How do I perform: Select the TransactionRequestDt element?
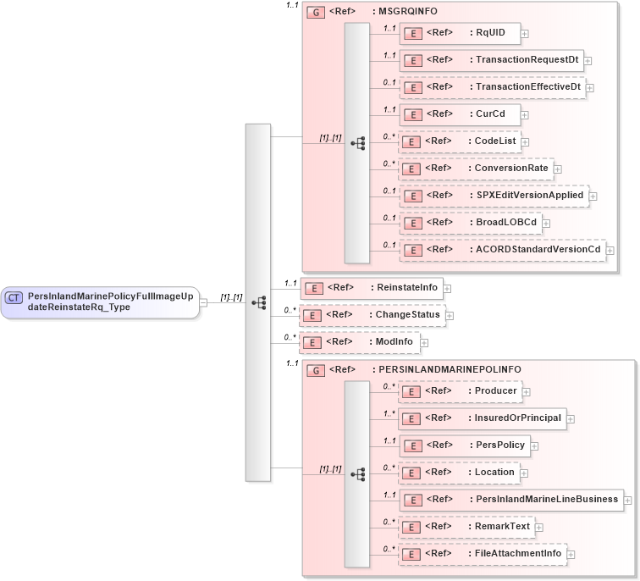(491, 60)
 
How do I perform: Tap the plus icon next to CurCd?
(525, 114)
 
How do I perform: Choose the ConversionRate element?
(476, 169)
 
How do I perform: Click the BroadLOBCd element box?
(470, 223)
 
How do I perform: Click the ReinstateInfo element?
(372, 288)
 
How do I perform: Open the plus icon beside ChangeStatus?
(450, 316)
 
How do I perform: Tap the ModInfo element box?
(360, 342)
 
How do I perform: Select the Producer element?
(460, 390)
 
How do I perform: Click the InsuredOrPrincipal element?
(483, 418)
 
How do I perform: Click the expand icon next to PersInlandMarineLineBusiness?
(627, 501)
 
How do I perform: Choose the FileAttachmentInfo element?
(483, 554)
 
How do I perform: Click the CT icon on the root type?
(14, 297)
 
